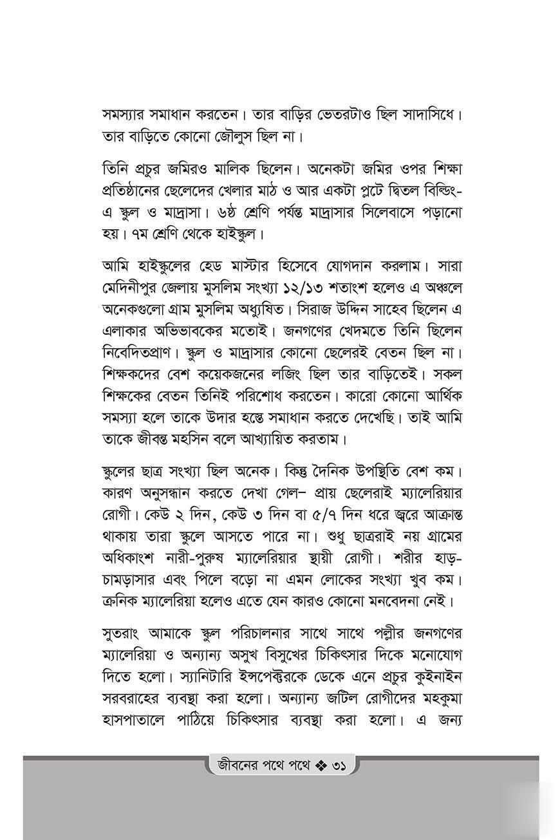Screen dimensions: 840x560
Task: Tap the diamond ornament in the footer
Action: coord(321,767)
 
